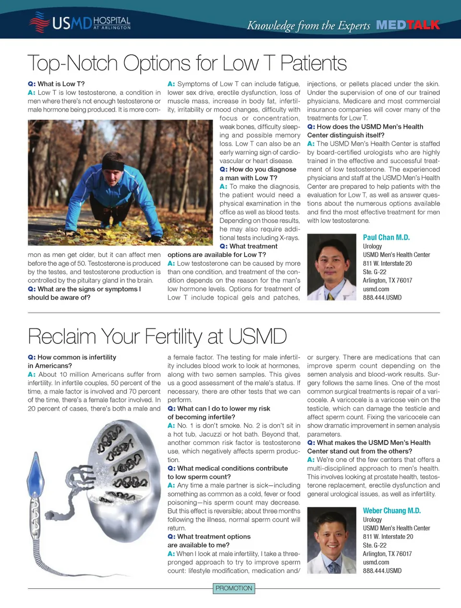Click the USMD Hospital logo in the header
[79, 22]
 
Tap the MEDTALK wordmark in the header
[408, 25]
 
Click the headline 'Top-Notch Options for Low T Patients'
[187, 63]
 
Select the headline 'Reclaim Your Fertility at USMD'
[157, 336]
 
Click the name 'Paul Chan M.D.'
[386, 237]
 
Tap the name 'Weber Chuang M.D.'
[391, 511]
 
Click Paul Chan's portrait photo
[332, 267]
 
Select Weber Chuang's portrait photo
[332, 540]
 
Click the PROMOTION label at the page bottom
[234, 588]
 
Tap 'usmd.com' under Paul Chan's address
[376, 289]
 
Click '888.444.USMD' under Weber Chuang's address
[382, 571]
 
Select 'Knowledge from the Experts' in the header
[308, 25]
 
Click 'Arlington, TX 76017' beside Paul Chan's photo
[388, 281]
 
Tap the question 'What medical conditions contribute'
[232, 468]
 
